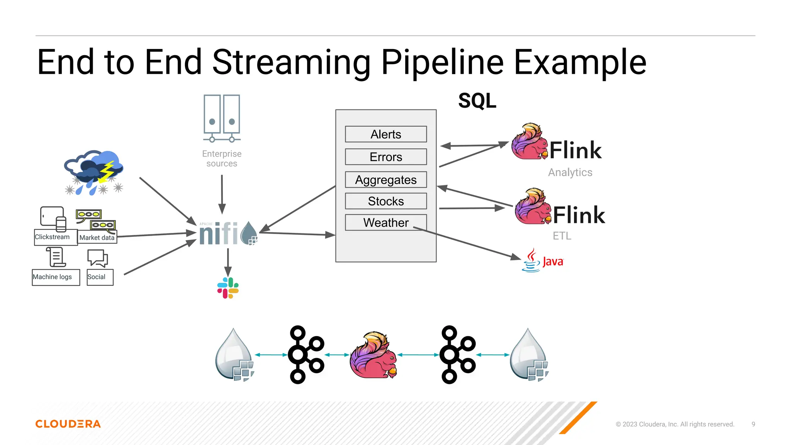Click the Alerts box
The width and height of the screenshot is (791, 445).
pyautogui.click(x=385, y=134)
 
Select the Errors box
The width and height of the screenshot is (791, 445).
pyautogui.click(x=385, y=157)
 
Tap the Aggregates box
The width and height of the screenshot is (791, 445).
pyautogui.click(x=385, y=180)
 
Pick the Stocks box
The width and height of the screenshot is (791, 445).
pyautogui.click(x=385, y=201)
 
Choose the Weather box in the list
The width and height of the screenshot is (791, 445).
pyautogui.click(x=385, y=222)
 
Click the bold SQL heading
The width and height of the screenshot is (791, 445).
pyautogui.click(x=477, y=101)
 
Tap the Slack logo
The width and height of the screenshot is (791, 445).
pyautogui.click(x=228, y=288)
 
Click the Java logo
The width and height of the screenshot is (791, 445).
pyautogui.click(x=543, y=261)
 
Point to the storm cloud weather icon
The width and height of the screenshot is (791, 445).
pyautogui.click(x=94, y=172)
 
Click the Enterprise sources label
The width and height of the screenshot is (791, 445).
pyautogui.click(x=222, y=158)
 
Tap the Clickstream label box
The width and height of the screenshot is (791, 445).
pyautogui.click(x=53, y=237)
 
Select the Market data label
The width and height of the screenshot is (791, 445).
pyautogui.click(x=97, y=238)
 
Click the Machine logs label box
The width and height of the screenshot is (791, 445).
pyautogui.click(x=53, y=277)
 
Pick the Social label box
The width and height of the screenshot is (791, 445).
pyautogui.click(x=97, y=277)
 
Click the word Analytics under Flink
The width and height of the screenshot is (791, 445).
pyautogui.click(x=570, y=172)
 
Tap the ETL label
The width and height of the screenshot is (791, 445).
pyautogui.click(x=562, y=236)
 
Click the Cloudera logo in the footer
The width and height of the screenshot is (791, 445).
pyautogui.click(x=68, y=424)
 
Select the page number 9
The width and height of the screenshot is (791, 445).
pyautogui.click(x=753, y=424)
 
